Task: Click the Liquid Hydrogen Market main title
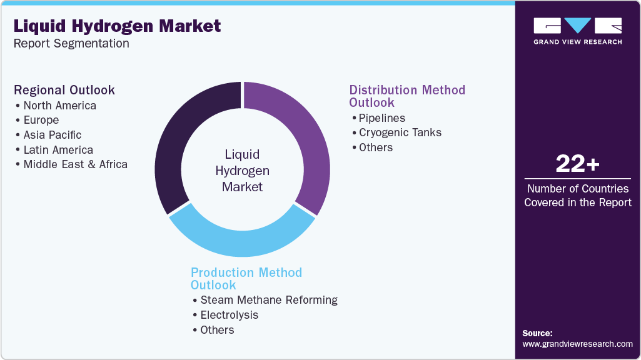117,26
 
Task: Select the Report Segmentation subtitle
71,44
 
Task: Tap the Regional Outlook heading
64,90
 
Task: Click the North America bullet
59,106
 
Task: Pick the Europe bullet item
41,120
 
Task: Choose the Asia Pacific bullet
52,135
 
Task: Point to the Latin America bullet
58,150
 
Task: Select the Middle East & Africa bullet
75,164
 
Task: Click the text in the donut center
242,170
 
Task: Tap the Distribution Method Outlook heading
406,96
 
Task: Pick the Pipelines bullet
381,118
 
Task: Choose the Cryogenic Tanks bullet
400,132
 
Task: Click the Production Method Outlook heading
246,279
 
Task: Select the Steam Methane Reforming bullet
268,300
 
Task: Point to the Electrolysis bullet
229,315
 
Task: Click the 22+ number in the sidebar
577,164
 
